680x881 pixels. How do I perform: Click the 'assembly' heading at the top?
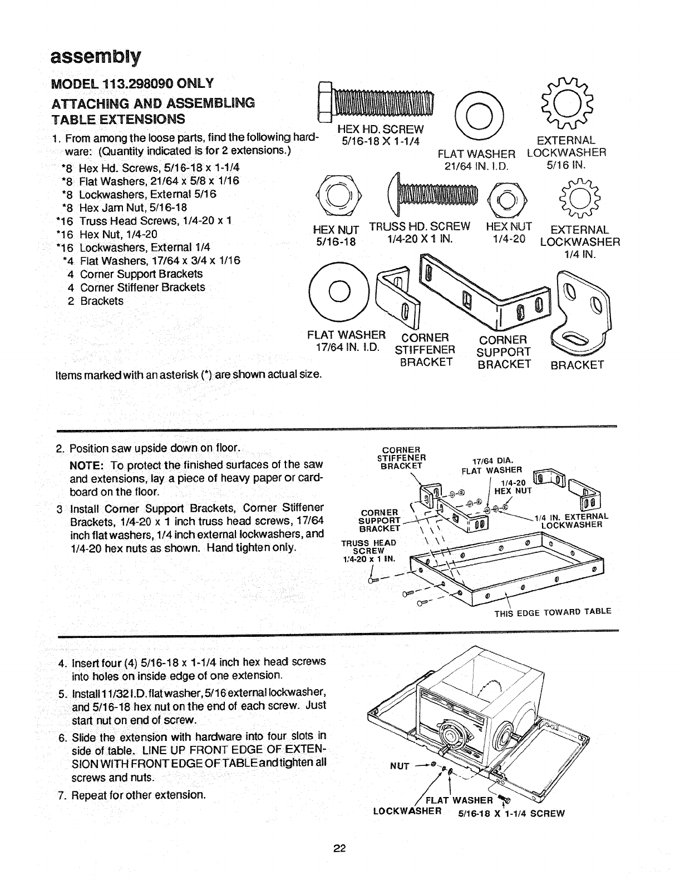[95, 57]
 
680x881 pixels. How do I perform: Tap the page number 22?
[339, 848]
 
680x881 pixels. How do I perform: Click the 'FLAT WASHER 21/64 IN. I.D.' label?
[477, 159]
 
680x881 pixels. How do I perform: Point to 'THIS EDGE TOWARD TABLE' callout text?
[553, 611]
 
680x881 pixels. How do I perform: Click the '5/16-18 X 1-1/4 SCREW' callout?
[511, 813]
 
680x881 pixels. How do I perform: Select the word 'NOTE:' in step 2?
[85, 464]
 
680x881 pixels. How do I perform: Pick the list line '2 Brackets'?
[96, 301]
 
